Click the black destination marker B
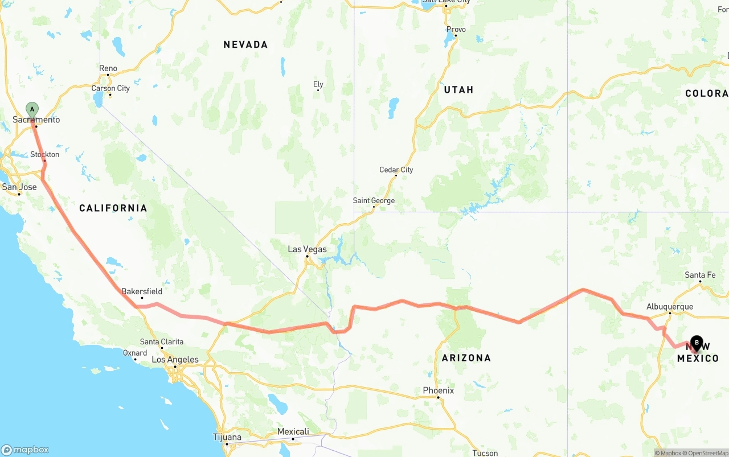pos(697,343)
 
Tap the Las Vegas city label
pos(307,249)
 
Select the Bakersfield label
pos(142,292)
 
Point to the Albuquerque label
pos(670,307)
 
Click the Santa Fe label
pos(700,275)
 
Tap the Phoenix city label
pos(438,390)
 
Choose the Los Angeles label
pos(175,360)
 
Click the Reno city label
pos(108,69)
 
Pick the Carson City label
pos(110,88)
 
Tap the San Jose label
pos(19,187)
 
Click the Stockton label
pos(45,155)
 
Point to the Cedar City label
pos(396,170)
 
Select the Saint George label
pos(374,200)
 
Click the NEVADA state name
pos(245,44)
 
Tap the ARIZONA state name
pos(466,358)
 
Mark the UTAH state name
pos(458,90)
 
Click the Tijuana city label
pos(227,437)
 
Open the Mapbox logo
pos(25,450)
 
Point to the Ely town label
pos(318,85)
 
